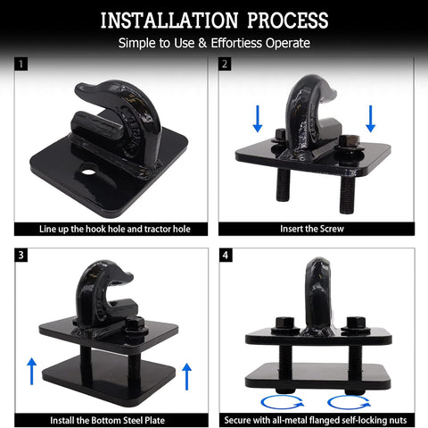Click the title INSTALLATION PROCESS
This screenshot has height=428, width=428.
(x=213, y=19)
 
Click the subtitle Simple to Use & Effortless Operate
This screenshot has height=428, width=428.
(x=213, y=43)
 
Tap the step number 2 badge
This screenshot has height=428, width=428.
(x=226, y=64)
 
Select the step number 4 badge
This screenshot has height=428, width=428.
(x=226, y=255)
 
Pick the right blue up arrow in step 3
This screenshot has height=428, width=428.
(x=186, y=375)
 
